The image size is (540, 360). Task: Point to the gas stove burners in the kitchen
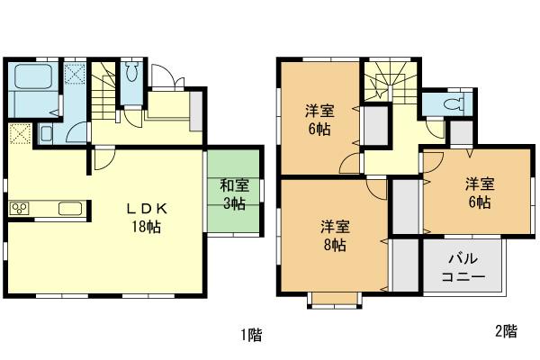coord(20,210)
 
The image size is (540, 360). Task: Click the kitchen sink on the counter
coord(70,210)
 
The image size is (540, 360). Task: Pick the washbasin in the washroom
coord(45,135)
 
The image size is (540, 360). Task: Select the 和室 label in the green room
coord(235,186)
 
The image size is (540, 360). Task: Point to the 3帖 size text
coord(235,205)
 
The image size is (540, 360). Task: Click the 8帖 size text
coord(334,245)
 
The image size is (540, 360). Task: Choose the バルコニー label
coord(464,267)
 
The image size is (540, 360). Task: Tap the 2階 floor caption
coord(506,330)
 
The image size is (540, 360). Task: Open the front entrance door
coord(164,78)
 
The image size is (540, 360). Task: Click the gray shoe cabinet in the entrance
coord(196,105)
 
